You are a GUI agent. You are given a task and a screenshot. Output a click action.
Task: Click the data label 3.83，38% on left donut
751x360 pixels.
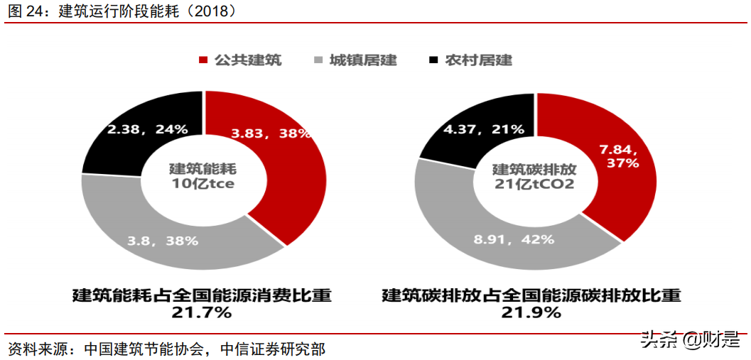pos(271,133)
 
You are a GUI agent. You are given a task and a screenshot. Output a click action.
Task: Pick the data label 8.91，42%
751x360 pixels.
pos(514,239)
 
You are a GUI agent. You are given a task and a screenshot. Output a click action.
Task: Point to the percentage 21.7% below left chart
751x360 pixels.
pos(202,312)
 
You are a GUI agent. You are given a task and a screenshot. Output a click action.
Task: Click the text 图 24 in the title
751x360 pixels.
pos(25,11)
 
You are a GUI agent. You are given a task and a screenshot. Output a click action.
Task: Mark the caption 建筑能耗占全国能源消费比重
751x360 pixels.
pos(202,295)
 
